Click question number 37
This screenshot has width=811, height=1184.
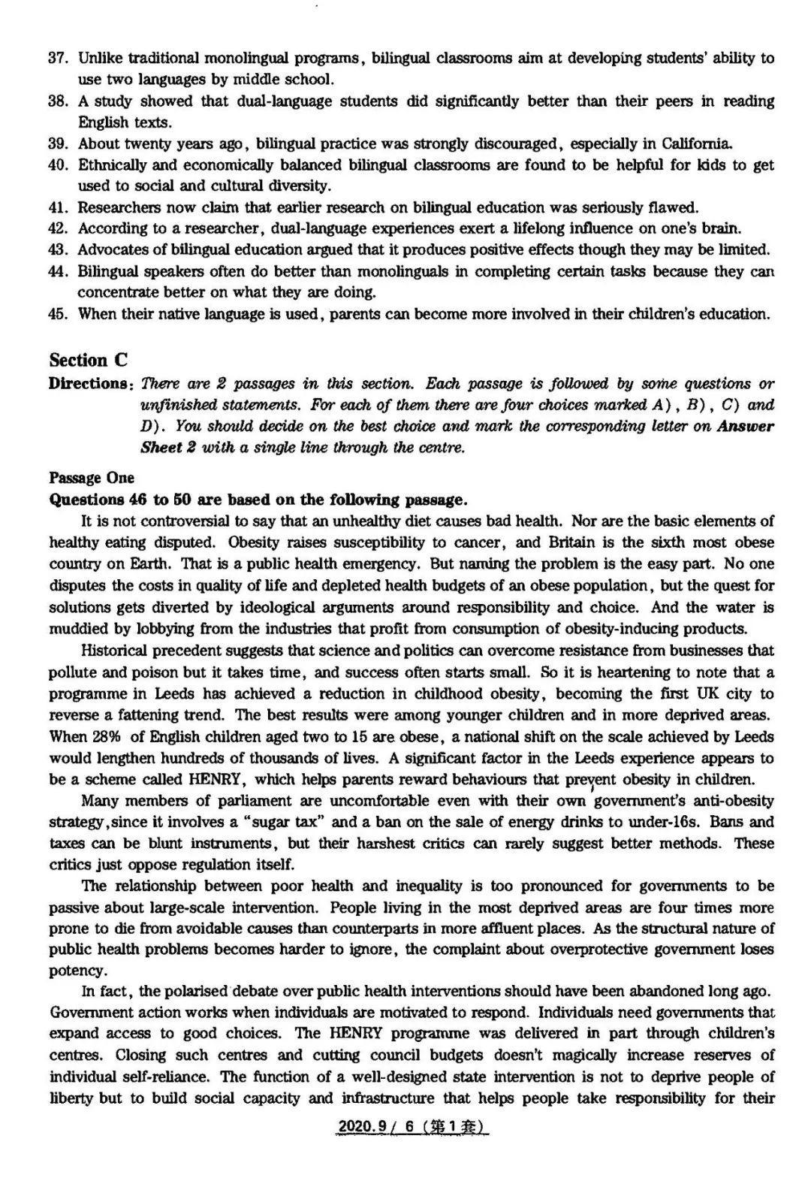[59, 58]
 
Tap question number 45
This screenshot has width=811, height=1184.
[59, 314]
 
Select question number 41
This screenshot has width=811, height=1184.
[59, 207]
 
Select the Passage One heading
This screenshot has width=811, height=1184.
[92, 478]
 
